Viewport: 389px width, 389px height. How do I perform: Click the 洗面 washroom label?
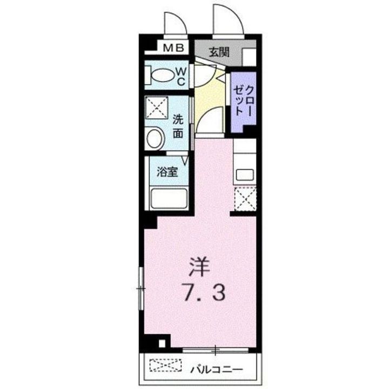pos(178,125)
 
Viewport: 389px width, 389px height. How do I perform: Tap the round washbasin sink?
pos(155,138)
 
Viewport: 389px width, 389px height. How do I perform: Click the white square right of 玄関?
pos(249,56)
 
